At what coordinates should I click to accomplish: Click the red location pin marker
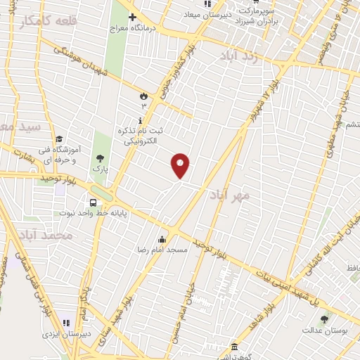[181, 165]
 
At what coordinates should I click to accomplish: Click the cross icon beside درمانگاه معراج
[132, 17]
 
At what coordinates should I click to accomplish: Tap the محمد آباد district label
[46, 236]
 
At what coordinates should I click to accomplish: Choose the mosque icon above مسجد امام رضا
[163, 238]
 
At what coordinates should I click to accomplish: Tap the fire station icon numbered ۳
[145, 95]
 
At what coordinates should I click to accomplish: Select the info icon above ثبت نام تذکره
[141, 120]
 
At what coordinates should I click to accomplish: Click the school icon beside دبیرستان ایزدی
[67, 323]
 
